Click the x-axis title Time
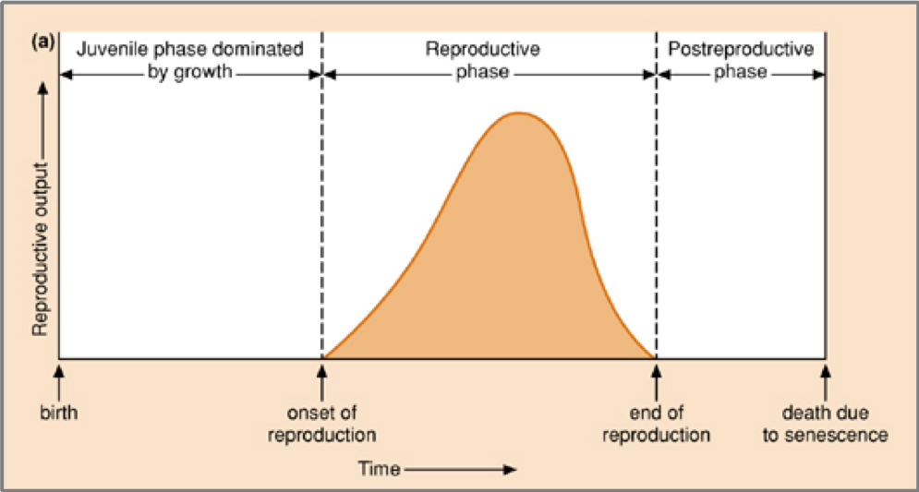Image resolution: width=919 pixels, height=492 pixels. tap(379, 468)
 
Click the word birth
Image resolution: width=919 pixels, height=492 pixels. tap(59, 413)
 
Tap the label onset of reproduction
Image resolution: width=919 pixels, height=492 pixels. tap(321, 424)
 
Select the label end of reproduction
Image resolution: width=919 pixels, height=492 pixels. tap(656, 424)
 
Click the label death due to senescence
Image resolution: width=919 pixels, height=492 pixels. tap(825, 424)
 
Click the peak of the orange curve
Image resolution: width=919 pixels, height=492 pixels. tap(519, 114)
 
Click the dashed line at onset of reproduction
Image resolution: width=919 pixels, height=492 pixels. tap(321, 212)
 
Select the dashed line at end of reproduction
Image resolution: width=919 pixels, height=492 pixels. tap(656, 212)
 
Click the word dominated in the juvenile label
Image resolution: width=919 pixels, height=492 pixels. tap(260, 50)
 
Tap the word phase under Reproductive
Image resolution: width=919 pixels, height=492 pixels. tap(482, 72)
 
